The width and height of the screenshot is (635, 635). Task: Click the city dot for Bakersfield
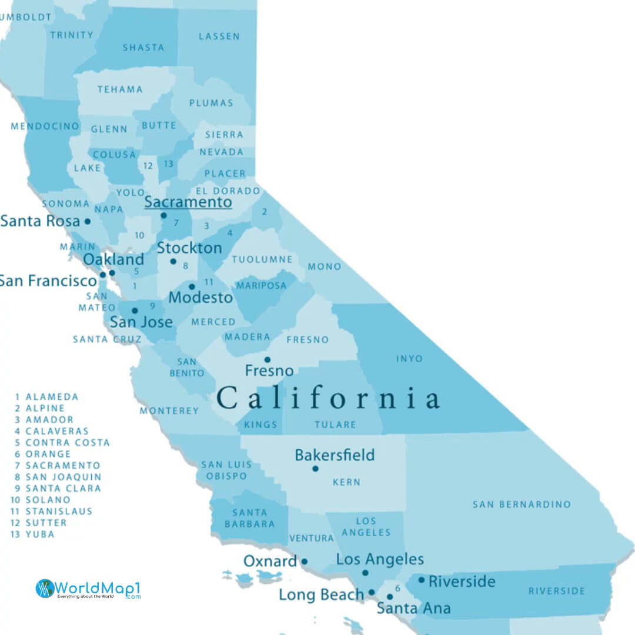(315, 469)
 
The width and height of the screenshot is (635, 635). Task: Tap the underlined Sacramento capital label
(188, 202)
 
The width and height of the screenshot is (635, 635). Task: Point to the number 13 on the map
(169, 163)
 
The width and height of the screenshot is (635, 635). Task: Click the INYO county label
(409, 359)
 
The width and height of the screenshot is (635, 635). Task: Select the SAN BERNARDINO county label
(522, 504)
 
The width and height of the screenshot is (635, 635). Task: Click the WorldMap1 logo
(88, 589)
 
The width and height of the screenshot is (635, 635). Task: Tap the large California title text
(328, 398)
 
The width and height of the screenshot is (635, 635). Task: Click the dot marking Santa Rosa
(88, 222)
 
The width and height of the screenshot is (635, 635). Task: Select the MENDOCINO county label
(45, 126)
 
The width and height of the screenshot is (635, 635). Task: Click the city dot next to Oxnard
(304, 562)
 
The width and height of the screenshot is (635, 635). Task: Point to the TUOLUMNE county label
(262, 259)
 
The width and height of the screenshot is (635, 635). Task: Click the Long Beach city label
(321, 594)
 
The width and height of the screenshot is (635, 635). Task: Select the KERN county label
(346, 482)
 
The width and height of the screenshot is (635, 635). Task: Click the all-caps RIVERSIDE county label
(556, 591)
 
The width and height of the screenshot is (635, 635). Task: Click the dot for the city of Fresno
(267, 360)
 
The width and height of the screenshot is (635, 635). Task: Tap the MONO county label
(324, 267)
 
